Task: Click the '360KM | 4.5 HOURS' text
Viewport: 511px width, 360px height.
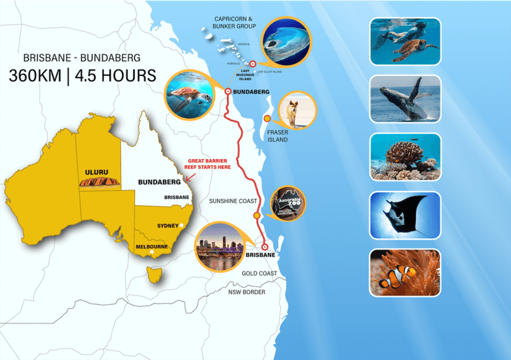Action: (83, 75)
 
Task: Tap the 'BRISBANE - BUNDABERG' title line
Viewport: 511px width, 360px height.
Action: (83, 57)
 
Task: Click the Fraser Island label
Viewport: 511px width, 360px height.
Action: (277, 136)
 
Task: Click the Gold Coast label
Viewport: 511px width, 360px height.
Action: (259, 273)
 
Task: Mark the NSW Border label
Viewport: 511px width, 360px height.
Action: (247, 292)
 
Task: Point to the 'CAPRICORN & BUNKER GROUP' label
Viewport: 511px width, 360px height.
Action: (235, 22)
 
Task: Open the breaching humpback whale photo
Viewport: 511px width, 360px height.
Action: (406, 98)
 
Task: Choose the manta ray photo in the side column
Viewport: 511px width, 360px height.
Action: (406, 215)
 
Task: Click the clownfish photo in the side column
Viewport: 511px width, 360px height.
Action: (406, 273)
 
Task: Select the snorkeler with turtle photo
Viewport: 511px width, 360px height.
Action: (406, 41)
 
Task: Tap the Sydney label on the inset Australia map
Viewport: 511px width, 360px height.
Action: (168, 226)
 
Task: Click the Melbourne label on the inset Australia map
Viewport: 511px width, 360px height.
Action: (150, 247)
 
